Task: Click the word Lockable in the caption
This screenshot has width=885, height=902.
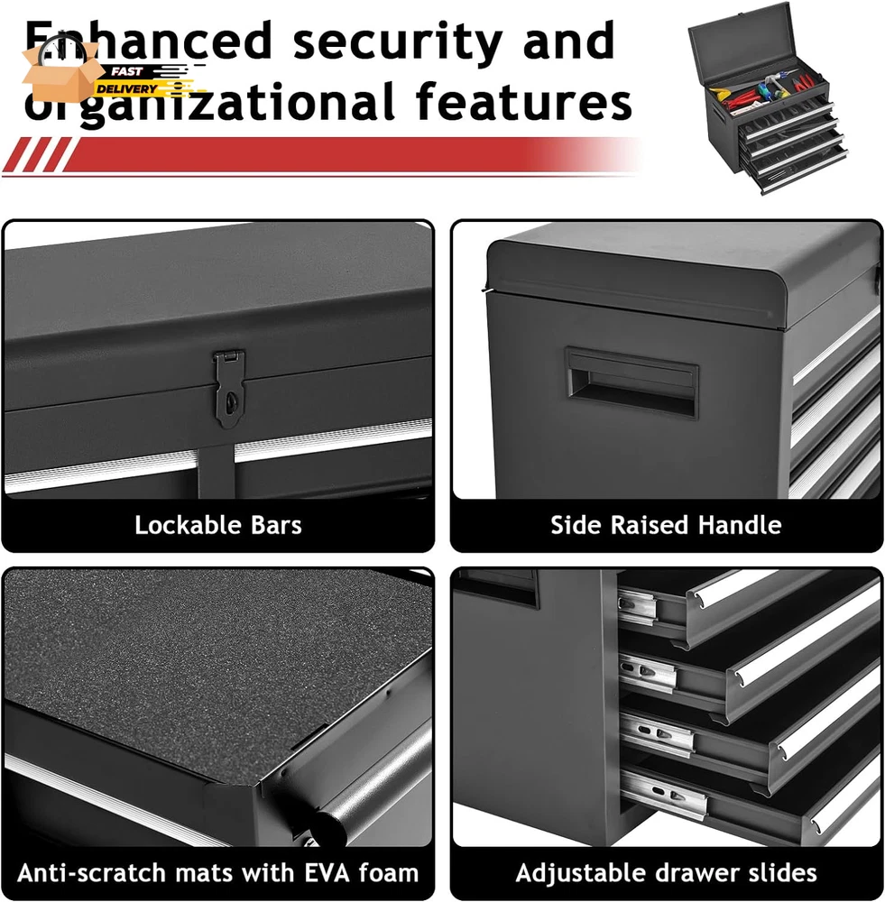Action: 188,525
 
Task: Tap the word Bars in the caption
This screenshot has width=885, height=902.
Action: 276,525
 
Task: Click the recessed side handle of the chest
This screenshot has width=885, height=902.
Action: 631,382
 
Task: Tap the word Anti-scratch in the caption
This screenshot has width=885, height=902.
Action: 93,872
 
